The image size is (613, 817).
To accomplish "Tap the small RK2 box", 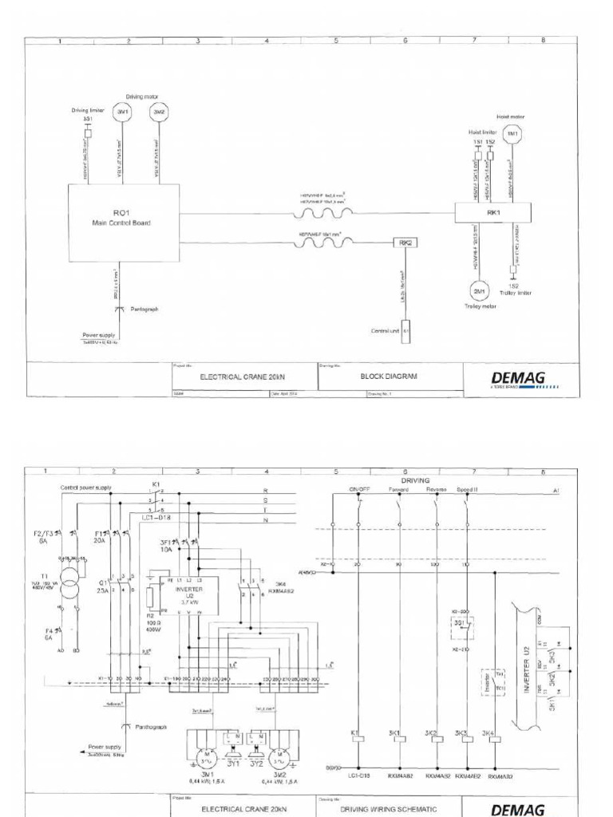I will [x=405, y=243].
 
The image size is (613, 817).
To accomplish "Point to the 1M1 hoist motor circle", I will [x=512, y=133].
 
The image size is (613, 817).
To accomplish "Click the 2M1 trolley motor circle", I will [x=478, y=290].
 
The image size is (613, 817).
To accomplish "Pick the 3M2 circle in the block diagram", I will [x=160, y=112].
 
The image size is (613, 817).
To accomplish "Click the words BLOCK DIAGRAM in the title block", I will [x=390, y=376].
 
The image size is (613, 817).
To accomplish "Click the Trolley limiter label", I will [x=518, y=293].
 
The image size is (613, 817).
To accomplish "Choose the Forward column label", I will [x=398, y=489].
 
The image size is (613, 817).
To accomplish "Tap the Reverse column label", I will [x=436, y=489].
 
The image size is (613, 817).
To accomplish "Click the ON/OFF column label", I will [x=357, y=489].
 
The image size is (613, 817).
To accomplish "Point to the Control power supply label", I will [x=85, y=487].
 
